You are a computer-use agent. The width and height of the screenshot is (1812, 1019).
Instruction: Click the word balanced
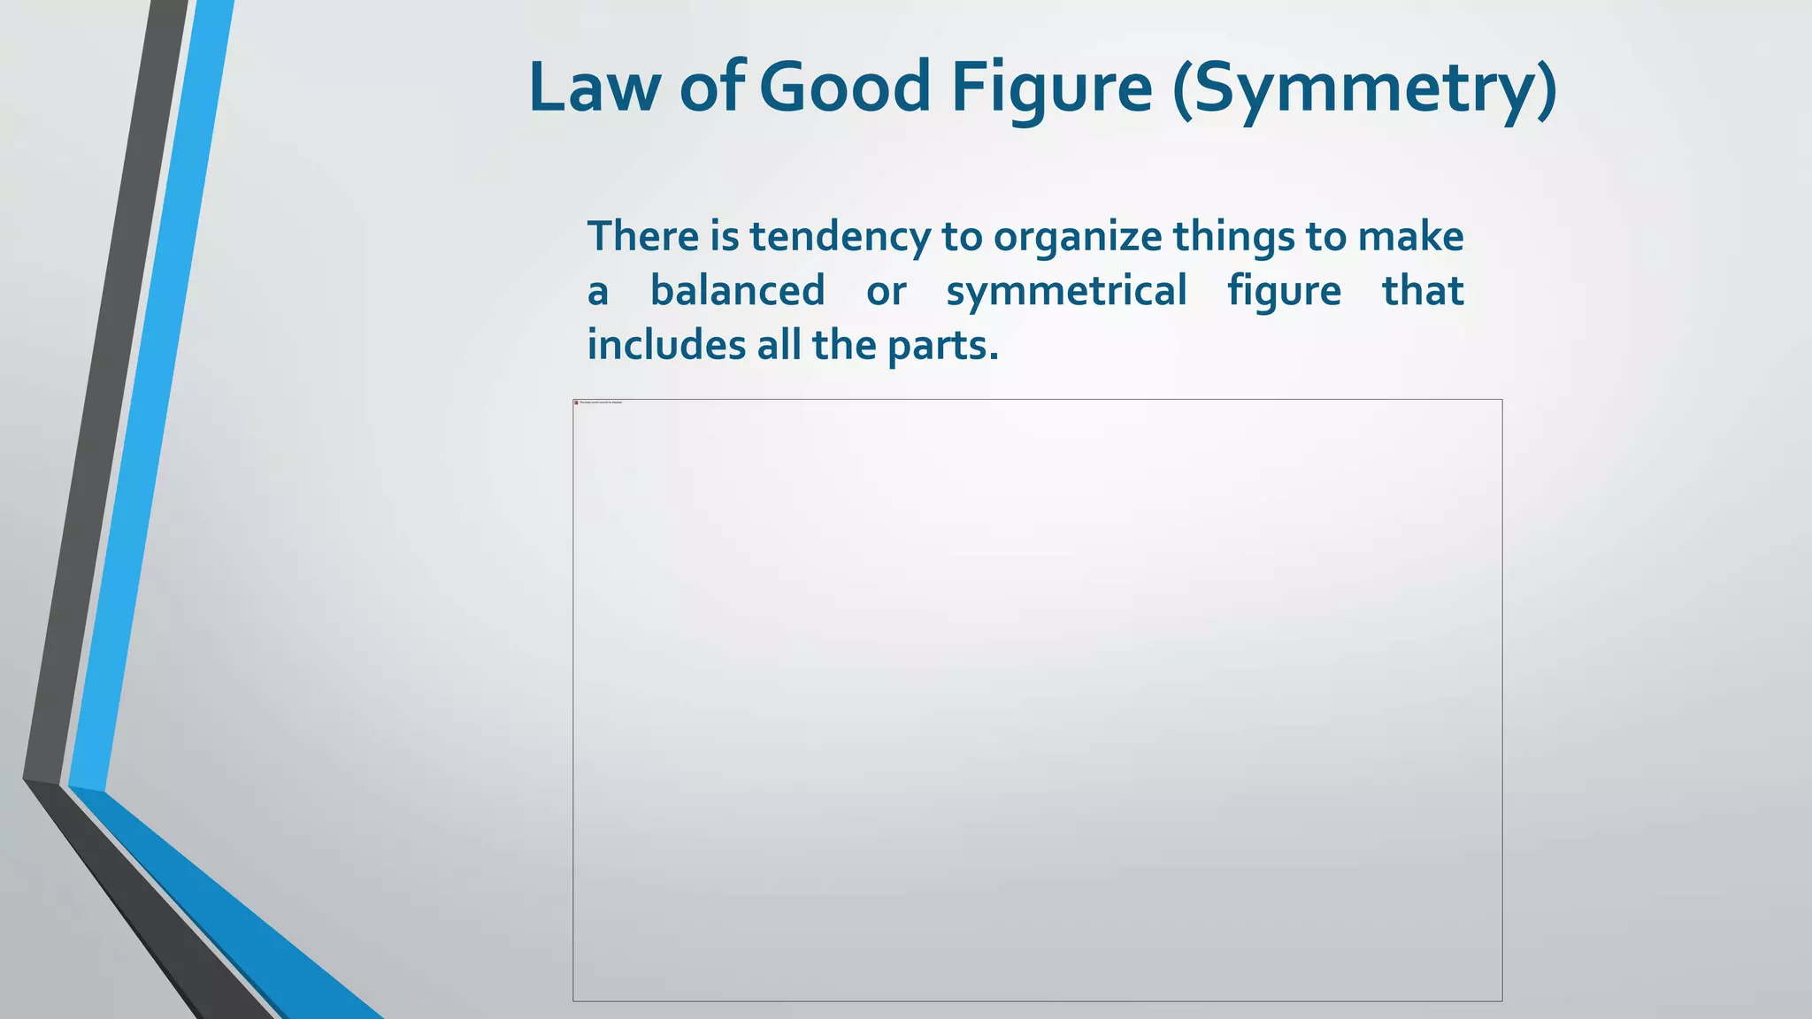click(737, 290)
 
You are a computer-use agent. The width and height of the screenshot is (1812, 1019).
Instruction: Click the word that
click(1423, 290)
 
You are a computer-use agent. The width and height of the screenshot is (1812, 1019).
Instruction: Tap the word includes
click(666, 344)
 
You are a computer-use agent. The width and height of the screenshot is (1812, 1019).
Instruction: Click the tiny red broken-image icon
click(576, 402)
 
